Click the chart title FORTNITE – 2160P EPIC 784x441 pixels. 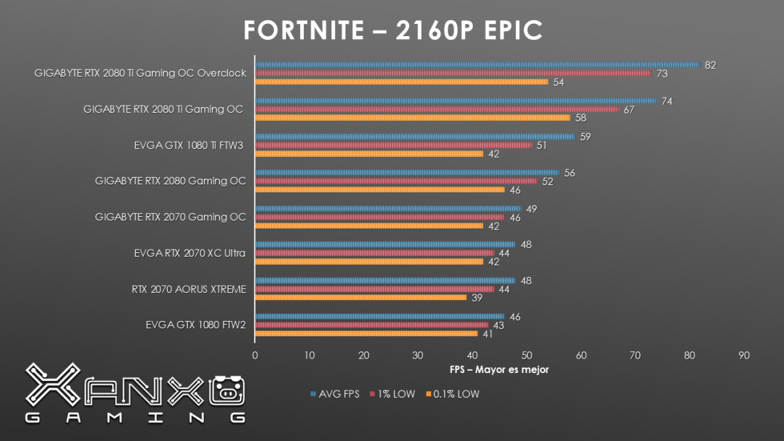click(x=392, y=30)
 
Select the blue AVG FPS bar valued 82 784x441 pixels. click(x=477, y=64)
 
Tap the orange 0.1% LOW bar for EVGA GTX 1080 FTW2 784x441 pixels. click(x=366, y=334)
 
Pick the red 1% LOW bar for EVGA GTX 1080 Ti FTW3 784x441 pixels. click(x=393, y=145)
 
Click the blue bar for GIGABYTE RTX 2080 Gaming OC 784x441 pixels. click(x=407, y=172)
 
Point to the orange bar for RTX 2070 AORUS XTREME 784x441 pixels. click(x=361, y=298)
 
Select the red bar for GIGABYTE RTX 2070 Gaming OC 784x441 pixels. click(x=380, y=217)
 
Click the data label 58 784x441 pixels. click(x=581, y=118)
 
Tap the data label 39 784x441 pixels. click(x=477, y=298)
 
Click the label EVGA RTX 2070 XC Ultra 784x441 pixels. click(x=189, y=253)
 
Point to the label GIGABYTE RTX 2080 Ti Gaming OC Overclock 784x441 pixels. click(x=140, y=73)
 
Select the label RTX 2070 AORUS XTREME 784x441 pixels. click(x=189, y=289)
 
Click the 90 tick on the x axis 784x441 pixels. click(x=743, y=355)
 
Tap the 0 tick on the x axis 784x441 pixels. click(x=255, y=355)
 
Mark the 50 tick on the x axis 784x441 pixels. click(x=527, y=355)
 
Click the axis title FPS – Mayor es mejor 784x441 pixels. click(x=499, y=369)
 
